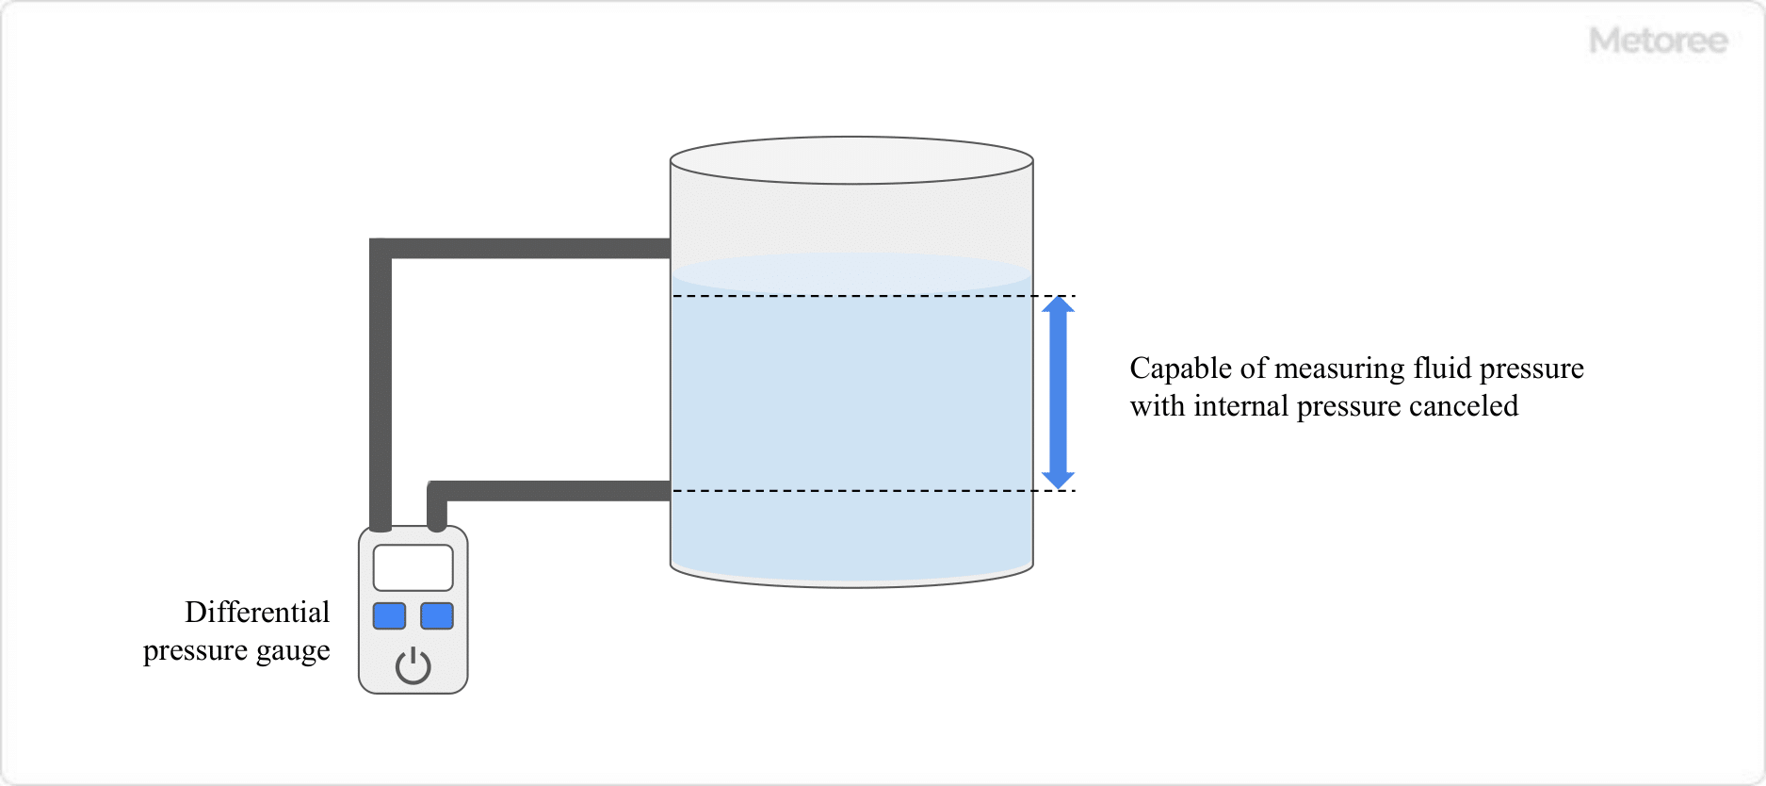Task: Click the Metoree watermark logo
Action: pyautogui.click(x=1658, y=41)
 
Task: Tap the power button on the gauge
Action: pyautogui.click(x=413, y=665)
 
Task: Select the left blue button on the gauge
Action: pyautogui.click(x=389, y=615)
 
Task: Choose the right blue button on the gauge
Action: pyautogui.click(x=437, y=615)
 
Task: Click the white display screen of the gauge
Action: pyautogui.click(x=413, y=567)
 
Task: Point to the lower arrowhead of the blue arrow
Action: pyautogui.click(x=1059, y=480)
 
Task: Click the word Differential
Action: pyautogui.click(x=257, y=613)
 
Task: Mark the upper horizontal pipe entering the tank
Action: pyautogui.click(x=527, y=249)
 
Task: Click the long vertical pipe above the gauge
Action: pyautogui.click(x=381, y=386)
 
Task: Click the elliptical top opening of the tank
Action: pyautogui.click(x=851, y=160)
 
